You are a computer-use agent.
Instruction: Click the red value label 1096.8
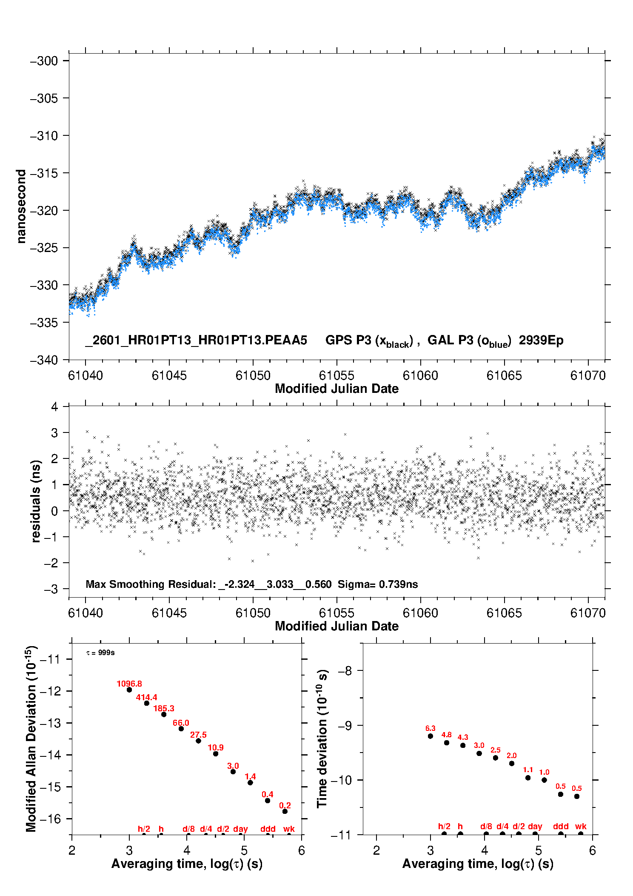[x=129, y=684]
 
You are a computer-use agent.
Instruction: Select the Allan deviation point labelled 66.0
[x=181, y=729]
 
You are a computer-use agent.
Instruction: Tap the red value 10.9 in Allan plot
[x=216, y=747]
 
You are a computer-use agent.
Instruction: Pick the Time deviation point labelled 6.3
[x=431, y=736]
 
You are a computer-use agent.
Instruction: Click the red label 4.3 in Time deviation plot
[x=463, y=737]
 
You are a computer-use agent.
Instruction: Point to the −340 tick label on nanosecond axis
[x=43, y=360]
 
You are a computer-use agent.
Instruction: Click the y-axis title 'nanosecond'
[x=20, y=206]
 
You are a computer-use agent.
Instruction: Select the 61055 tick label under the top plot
[x=336, y=375]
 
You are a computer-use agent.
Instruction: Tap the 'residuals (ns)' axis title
[x=36, y=501]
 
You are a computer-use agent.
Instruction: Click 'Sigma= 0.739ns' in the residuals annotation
[x=378, y=584]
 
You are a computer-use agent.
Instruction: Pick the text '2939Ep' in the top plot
[x=541, y=341]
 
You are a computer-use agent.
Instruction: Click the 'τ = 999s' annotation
[x=100, y=653]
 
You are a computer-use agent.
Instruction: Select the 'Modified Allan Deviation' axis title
[x=31, y=739]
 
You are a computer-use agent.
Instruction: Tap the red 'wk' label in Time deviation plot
[x=581, y=826]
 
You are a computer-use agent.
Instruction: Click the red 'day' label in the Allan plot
[x=240, y=829]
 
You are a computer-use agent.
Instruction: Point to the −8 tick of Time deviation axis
[x=347, y=671]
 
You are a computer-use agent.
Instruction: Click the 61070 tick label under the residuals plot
[x=588, y=613]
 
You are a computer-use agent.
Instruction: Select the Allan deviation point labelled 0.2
[x=285, y=811]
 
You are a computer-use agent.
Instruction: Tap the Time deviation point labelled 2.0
[x=512, y=763]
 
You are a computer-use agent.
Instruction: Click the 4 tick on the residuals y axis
[x=54, y=407]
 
